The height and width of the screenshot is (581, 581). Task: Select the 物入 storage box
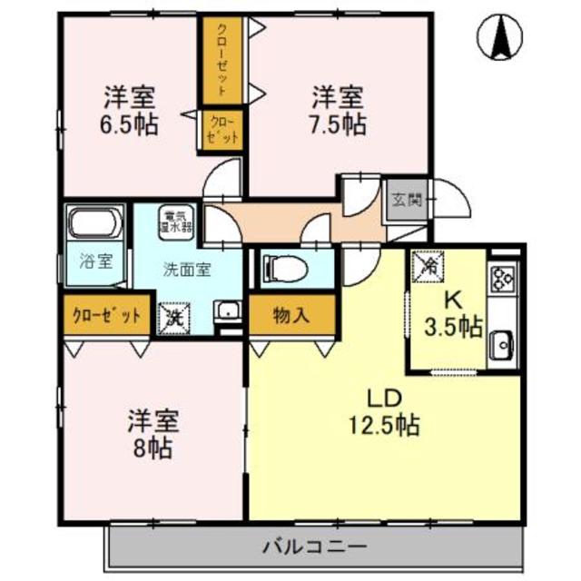(291, 316)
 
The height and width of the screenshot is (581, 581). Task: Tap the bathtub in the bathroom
(94, 223)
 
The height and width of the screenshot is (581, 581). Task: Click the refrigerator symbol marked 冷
(429, 265)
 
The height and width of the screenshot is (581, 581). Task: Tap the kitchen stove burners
(503, 275)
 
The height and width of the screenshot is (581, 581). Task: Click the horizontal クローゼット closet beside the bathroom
(107, 316)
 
